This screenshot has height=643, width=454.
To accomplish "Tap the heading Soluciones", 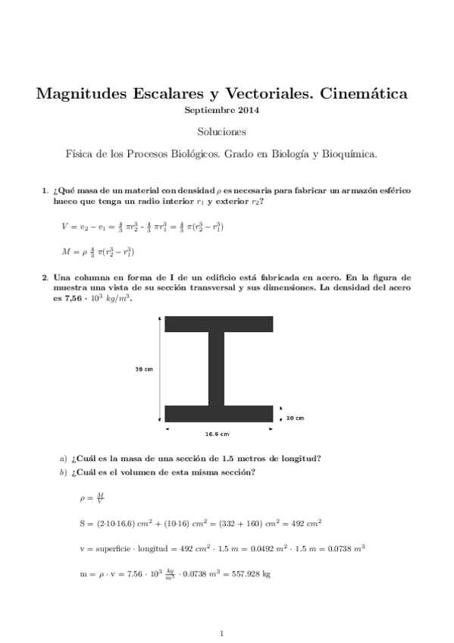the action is tap(227, 132).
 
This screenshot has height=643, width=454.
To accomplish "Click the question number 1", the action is tap(45, 191).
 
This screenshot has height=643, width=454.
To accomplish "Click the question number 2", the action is tap(45, 278).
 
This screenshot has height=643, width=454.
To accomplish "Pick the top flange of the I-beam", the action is tap(219, 323).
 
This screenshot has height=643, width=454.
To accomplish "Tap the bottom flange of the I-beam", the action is tap(219, 414).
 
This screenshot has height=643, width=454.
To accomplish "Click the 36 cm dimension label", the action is tap(144, 369).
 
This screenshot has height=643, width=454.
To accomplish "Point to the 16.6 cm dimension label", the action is tap(217, 434).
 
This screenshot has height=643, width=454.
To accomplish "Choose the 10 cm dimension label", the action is tap(296, 418).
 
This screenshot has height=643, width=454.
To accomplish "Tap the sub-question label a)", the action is tap(63, 458).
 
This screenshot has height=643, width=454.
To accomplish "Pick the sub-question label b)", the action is tap(63, 473).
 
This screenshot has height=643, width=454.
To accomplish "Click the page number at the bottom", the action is tap(221, 632).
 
